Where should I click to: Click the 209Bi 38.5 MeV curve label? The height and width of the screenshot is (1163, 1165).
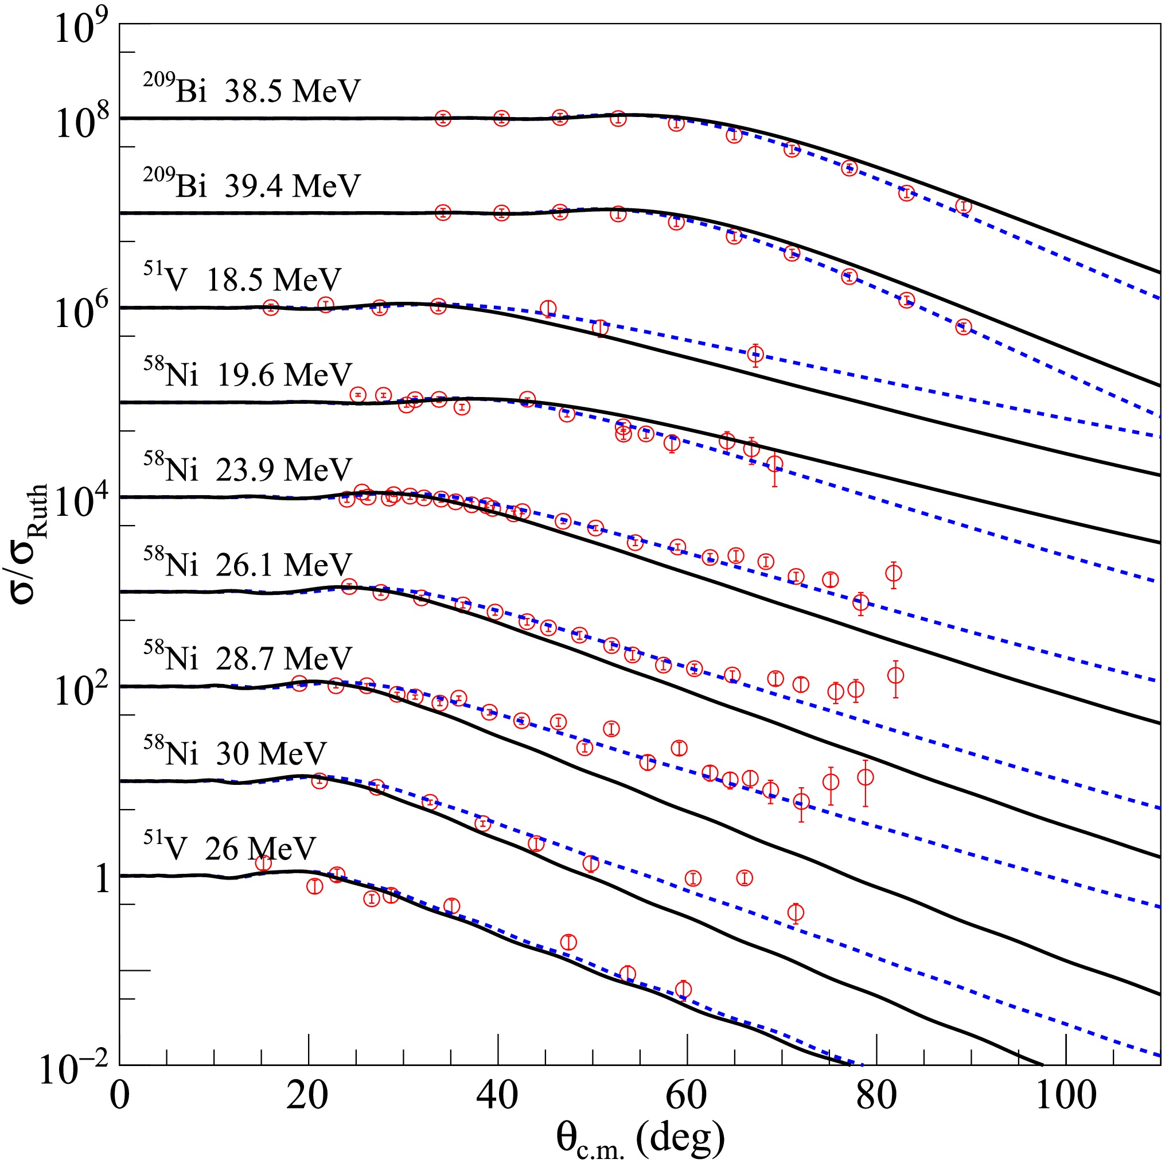pos(251,91)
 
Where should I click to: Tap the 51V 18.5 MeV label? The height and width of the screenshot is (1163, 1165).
pos(242,279)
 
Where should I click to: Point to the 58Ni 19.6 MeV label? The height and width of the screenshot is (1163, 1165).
pos(247,374)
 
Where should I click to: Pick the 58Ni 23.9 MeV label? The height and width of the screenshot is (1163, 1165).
pos(247,469)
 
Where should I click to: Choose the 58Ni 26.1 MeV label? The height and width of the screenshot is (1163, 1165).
pos(247,563)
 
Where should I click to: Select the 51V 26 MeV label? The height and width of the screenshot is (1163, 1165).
pos(229,847)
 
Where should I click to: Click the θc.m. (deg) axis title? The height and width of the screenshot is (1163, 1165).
pos(640,1137)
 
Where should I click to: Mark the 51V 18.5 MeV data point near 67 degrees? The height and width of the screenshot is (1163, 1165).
pos(755,354)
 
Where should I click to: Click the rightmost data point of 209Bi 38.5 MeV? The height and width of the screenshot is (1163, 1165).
pos(964,207)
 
